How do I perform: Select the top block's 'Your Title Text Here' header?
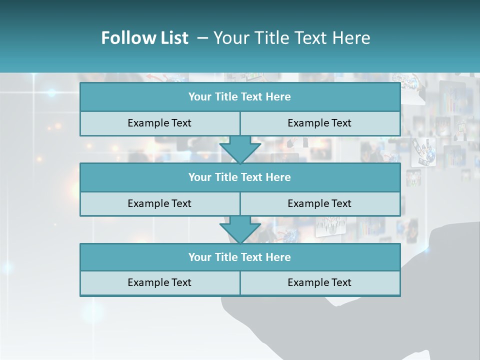(x=239, y=97)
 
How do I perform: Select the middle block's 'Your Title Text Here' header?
(x=239, y=177)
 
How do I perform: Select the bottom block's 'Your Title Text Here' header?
(x=239, y=257)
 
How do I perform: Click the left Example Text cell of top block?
(x=159, y=123)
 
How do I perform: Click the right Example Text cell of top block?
(x=319, y=123)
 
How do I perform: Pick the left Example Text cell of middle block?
(x=159, y=203)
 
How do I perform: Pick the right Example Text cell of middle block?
(x=319, y=203)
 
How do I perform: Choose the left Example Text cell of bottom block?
(x=159, y=282)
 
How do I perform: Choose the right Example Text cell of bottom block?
(x=319, y=282)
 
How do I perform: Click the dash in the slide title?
(x=202, y=38)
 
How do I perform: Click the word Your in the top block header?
(x=200, y=97)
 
